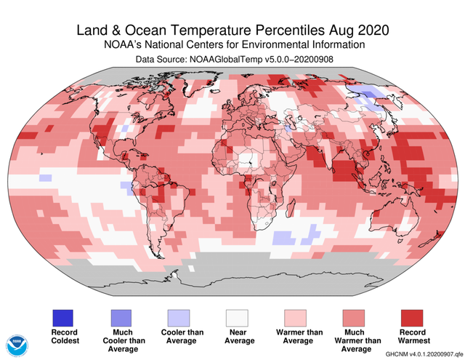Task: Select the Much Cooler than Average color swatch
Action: coord(121,318)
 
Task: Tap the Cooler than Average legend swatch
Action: coord(179,318)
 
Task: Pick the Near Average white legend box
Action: coord(238,318)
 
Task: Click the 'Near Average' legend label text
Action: coord(238,337)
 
